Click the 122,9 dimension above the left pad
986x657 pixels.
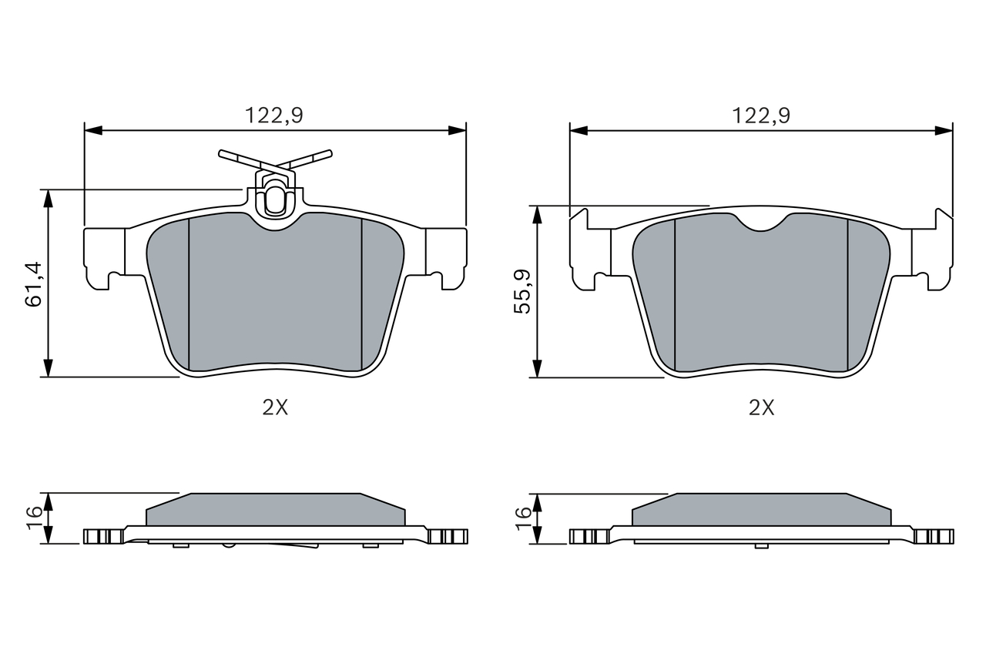(x=273, y=116)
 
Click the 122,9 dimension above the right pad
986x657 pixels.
(x=761, y=116)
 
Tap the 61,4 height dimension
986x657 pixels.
(x=34, y=284)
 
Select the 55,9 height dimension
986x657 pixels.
(x=522, y=291)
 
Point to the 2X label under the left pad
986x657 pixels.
(x=275, y=408)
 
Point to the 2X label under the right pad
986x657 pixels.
(x=762, y=408)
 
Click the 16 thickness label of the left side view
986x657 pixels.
(x=35, y=518)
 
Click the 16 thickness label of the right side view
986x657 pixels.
(x=523, y=518)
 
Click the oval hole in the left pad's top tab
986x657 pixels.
(x=276, y=199)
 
